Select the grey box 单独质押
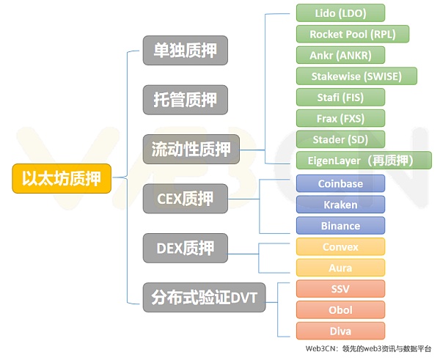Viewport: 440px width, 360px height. coord(185,51)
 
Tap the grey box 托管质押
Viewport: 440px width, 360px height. coord(185,99)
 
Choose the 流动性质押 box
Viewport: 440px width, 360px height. coord(190,149)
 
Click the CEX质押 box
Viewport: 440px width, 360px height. coord(185,198)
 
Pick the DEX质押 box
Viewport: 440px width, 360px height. coord(185,247)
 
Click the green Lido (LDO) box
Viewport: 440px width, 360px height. coord(340,12)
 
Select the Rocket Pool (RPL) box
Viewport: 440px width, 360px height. coord(352,34)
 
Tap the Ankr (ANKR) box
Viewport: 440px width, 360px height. coord(340,55)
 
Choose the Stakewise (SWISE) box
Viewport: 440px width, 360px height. coord(357,76)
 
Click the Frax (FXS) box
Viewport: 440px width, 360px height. coord(340,118)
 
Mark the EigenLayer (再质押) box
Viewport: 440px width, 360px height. coord(364,160)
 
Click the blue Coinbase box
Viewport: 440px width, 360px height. coord(340,183)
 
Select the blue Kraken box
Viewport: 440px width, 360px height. coord(340,205)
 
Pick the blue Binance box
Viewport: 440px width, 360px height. coord(340,226)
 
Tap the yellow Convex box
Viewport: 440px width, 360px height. coord(340,247)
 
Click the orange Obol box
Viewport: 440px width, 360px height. coord(340,309)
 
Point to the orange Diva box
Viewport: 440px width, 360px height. coord(340,331)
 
